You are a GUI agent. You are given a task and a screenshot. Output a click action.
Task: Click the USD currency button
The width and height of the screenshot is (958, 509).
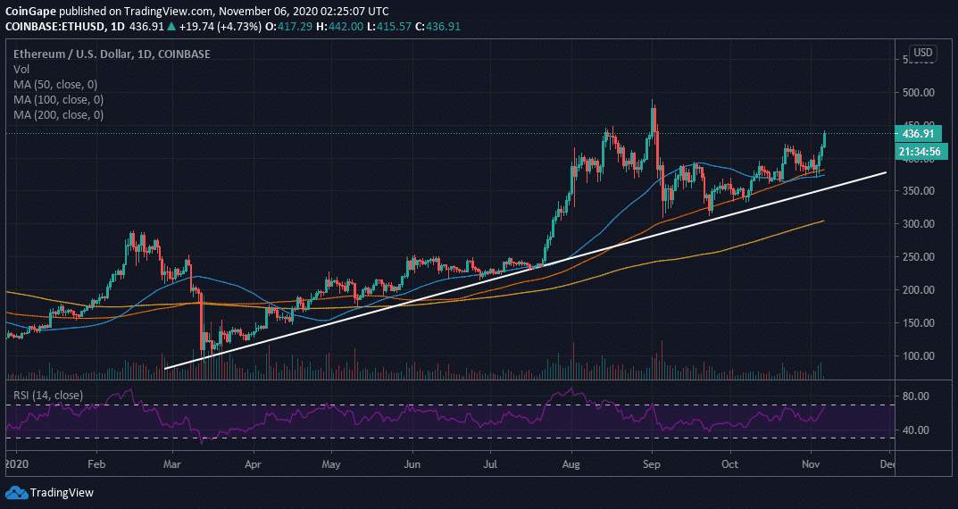(923, 53)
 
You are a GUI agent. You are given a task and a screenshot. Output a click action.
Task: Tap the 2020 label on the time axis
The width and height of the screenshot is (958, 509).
(16, 464)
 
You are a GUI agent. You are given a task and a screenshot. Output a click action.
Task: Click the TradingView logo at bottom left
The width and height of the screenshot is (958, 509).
(52, 492)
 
